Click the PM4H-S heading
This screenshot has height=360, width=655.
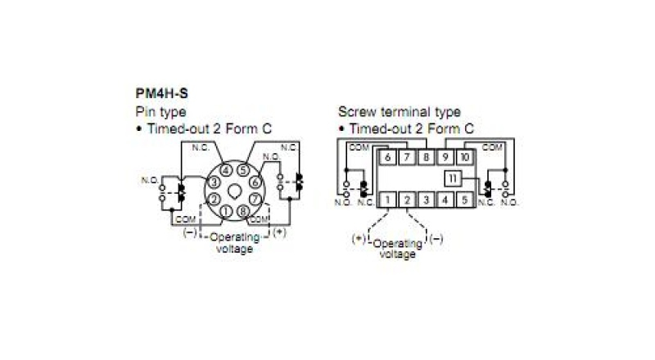[x=161, y=93]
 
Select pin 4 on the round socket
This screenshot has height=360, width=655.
[x=226, y=170]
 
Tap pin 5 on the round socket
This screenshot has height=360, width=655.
[x=243, y=170]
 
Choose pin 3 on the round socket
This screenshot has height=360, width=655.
[x=214, y=182]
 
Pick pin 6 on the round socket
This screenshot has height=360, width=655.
[x=255, y=182]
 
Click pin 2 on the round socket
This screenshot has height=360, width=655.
[x=214, y=199]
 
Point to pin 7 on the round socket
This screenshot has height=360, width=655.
[x=255, y=199]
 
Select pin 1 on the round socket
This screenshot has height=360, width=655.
[x=226, y=211]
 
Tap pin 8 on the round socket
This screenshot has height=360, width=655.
[x=243, y=211]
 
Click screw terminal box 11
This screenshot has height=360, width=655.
[x=453, y=178]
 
